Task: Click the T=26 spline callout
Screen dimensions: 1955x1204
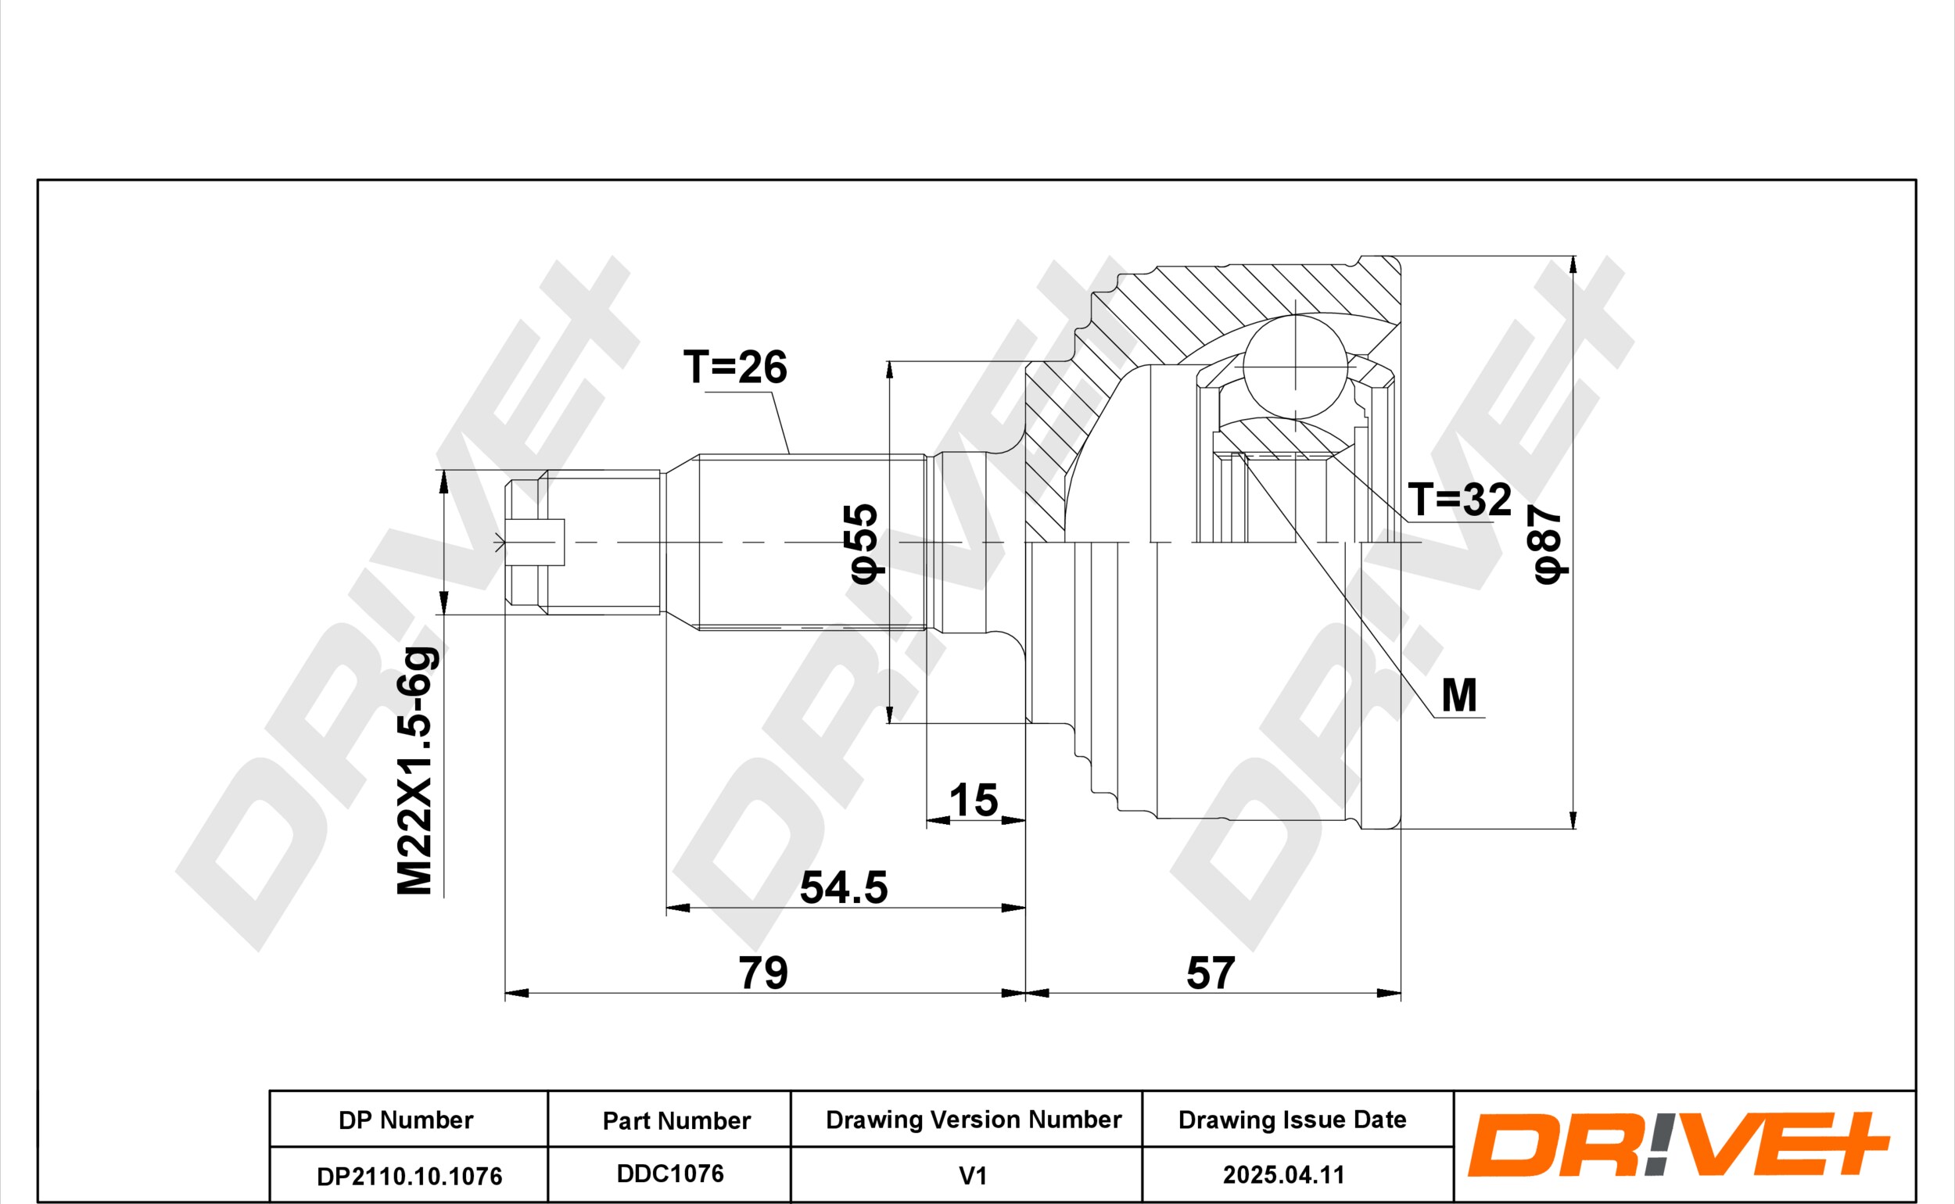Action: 735,367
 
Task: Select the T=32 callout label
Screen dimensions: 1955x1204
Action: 1460,500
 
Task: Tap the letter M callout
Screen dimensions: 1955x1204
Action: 1460,695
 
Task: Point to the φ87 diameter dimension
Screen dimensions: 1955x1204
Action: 1548,545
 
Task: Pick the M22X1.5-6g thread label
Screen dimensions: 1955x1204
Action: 416,771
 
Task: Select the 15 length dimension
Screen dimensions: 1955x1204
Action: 973,801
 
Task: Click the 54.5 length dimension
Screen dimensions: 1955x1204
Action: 843,888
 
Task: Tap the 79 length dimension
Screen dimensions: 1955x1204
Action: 763,973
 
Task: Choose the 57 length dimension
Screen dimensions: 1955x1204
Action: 1211,973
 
